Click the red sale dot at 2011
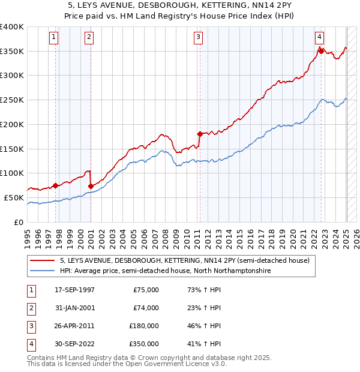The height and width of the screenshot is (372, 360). pyautogui.click(x=200, y=133)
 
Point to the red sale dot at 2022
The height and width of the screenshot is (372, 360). pyautogui.click(x=321, y=51)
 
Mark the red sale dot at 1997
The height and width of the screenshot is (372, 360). pyautogui.click(x=55, y=185)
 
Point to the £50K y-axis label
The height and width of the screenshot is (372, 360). pyautogui.click(x=14, y=197)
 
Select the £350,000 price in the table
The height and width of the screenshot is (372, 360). pyautogui.click(x=144, y=344)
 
